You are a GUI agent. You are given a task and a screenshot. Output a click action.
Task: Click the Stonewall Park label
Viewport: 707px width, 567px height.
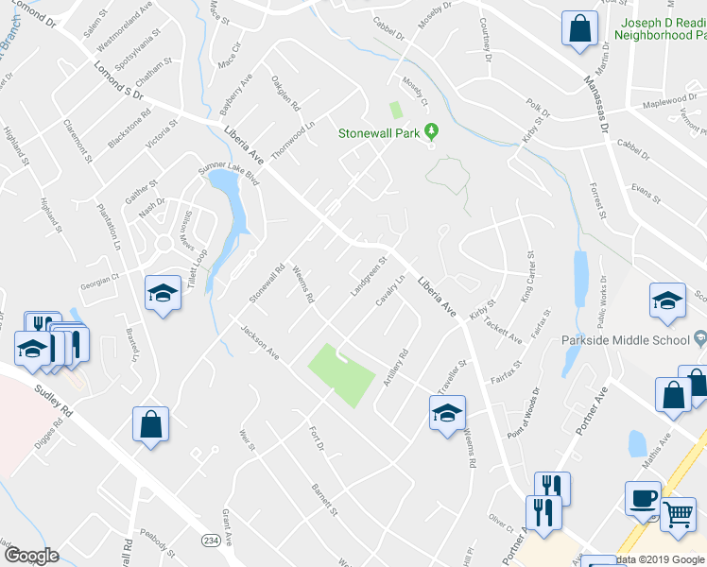(379, 133)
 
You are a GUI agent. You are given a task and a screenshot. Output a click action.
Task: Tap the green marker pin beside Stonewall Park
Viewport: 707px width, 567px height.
(431, 131)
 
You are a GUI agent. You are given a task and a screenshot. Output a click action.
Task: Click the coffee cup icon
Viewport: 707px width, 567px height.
(643, 498)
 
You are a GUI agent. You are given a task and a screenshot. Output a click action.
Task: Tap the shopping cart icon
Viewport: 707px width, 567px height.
(678, 514)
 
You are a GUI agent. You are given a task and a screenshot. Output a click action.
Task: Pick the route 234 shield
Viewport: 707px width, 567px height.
(211, 539)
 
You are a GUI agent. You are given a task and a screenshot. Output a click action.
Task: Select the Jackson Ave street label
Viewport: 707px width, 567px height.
(260, 343)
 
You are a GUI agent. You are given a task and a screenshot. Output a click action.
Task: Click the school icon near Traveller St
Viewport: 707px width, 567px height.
(447, 412)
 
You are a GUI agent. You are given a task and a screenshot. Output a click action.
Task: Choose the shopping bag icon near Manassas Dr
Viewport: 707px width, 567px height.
(579, 27)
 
